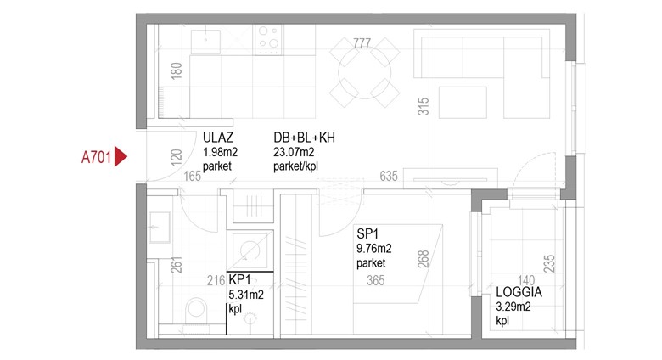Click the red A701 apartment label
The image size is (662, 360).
point(96,157)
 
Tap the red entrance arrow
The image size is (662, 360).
point(121,157)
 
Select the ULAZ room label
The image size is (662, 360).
point(218,138)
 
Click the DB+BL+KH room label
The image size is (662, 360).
point(304,138)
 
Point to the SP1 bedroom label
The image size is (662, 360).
point(367,233)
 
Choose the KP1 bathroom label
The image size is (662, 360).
point(240,279)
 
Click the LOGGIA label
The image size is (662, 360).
point(519,292)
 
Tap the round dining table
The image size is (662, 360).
point(364,72)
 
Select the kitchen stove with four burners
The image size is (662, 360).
point(268,40)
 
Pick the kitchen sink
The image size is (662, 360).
point(205,42)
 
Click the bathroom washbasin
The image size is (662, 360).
point(160,228)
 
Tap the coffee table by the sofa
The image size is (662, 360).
point(463,103)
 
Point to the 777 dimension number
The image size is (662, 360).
point(362,43)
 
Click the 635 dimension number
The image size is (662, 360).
point(389,176)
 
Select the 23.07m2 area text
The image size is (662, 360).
point(294,152)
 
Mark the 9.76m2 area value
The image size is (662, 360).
point(374,249)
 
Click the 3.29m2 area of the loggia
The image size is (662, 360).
point(513,307)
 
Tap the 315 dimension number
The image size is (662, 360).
point(423,106)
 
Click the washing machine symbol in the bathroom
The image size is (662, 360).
point(250,251)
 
